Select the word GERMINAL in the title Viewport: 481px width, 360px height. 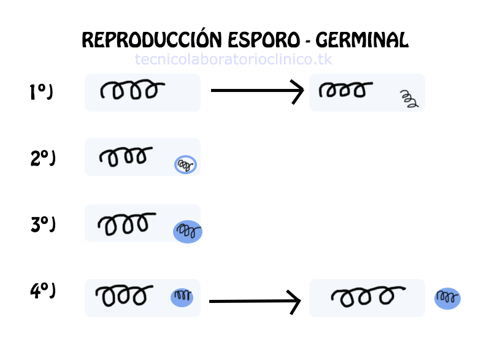pos(362,40)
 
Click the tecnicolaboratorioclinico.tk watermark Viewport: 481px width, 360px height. pos(233,59)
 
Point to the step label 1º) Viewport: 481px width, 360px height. pos(41,92)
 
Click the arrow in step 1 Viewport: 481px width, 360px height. pos(257,92)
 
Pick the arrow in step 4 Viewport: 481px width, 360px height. pos(255,301)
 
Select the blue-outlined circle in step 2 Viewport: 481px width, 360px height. pos(185,164)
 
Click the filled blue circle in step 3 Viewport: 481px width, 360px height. pos(188,231)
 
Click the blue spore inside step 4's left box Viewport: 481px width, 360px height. pos(182,297)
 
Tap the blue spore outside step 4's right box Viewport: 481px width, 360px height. pos(447,298)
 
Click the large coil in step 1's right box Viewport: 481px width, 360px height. pos(345,91)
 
